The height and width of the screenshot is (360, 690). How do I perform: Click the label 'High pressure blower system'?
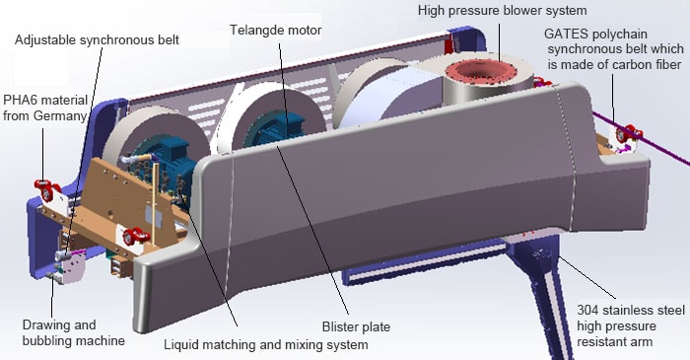pos(502,11)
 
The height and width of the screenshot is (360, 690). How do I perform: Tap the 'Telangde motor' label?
pos(276,31)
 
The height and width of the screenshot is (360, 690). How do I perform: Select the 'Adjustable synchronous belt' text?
pos(97,40)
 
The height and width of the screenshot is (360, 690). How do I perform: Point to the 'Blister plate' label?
pos(356,327)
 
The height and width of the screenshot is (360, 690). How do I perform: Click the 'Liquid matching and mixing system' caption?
pos(266,344)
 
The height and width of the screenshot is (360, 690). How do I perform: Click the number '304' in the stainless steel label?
pos(587,310)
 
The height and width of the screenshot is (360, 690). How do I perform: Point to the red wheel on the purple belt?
pos(629,132)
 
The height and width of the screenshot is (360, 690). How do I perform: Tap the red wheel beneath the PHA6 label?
pos(46,190)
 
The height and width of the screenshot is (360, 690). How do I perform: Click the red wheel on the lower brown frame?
pos(136,236)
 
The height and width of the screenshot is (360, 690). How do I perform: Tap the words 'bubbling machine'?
pos(74,341)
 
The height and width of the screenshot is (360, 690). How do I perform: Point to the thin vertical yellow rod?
pos(155,199)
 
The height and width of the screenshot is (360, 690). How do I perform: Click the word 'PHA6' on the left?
pos(20,101)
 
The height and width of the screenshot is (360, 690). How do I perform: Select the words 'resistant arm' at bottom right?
pos(615,341)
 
